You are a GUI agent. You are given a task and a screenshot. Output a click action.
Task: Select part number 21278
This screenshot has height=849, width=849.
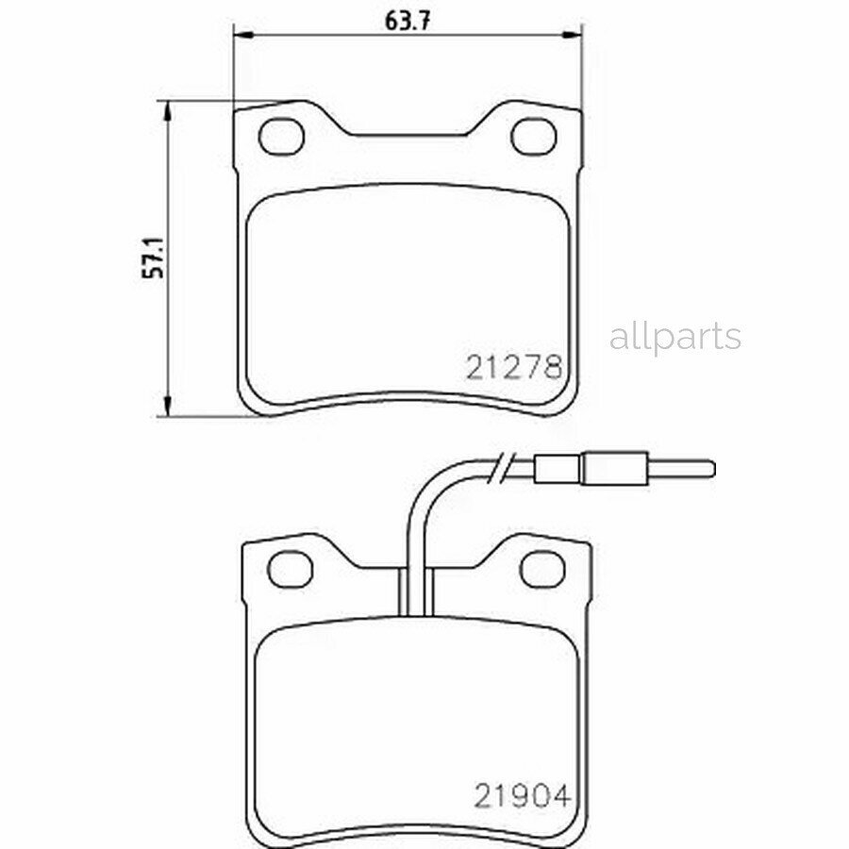click(x=513, y=366)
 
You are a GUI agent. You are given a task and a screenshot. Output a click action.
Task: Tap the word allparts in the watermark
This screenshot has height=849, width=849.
click(x=674, y=337)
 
